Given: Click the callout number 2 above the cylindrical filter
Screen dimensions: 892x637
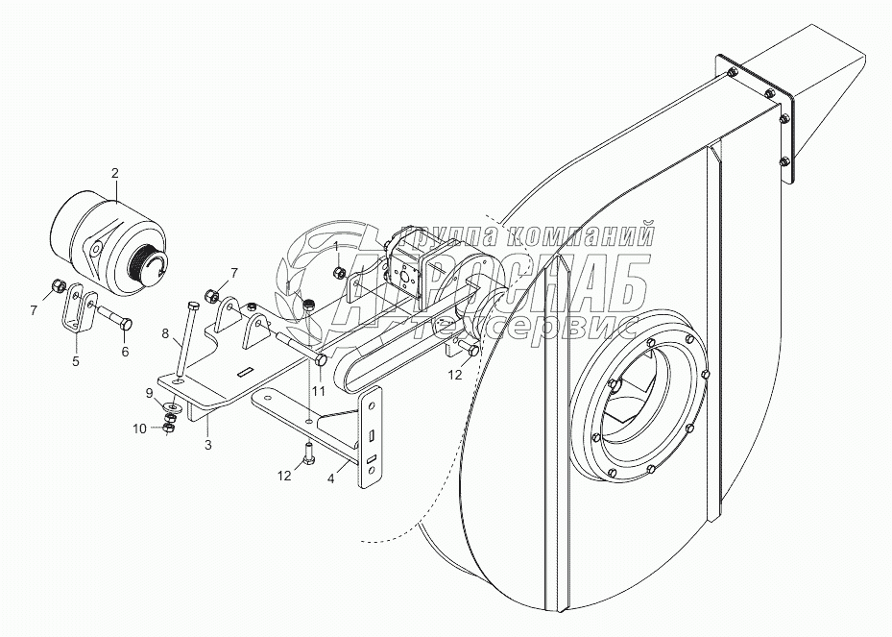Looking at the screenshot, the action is tap(115, 173).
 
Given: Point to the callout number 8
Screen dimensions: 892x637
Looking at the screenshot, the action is tap(164, 336).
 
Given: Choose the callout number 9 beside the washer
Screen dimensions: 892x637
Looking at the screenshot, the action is tap(149, 392).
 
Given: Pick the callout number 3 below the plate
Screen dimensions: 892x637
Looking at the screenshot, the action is tap(208, 447).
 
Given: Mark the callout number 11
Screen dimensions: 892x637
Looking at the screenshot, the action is tap(318, 391).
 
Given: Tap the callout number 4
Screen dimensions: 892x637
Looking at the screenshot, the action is tap(332, 475).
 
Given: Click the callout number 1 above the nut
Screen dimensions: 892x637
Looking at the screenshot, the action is tap(336, 246).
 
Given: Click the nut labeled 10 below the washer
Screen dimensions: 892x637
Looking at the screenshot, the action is tap(169, 426).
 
